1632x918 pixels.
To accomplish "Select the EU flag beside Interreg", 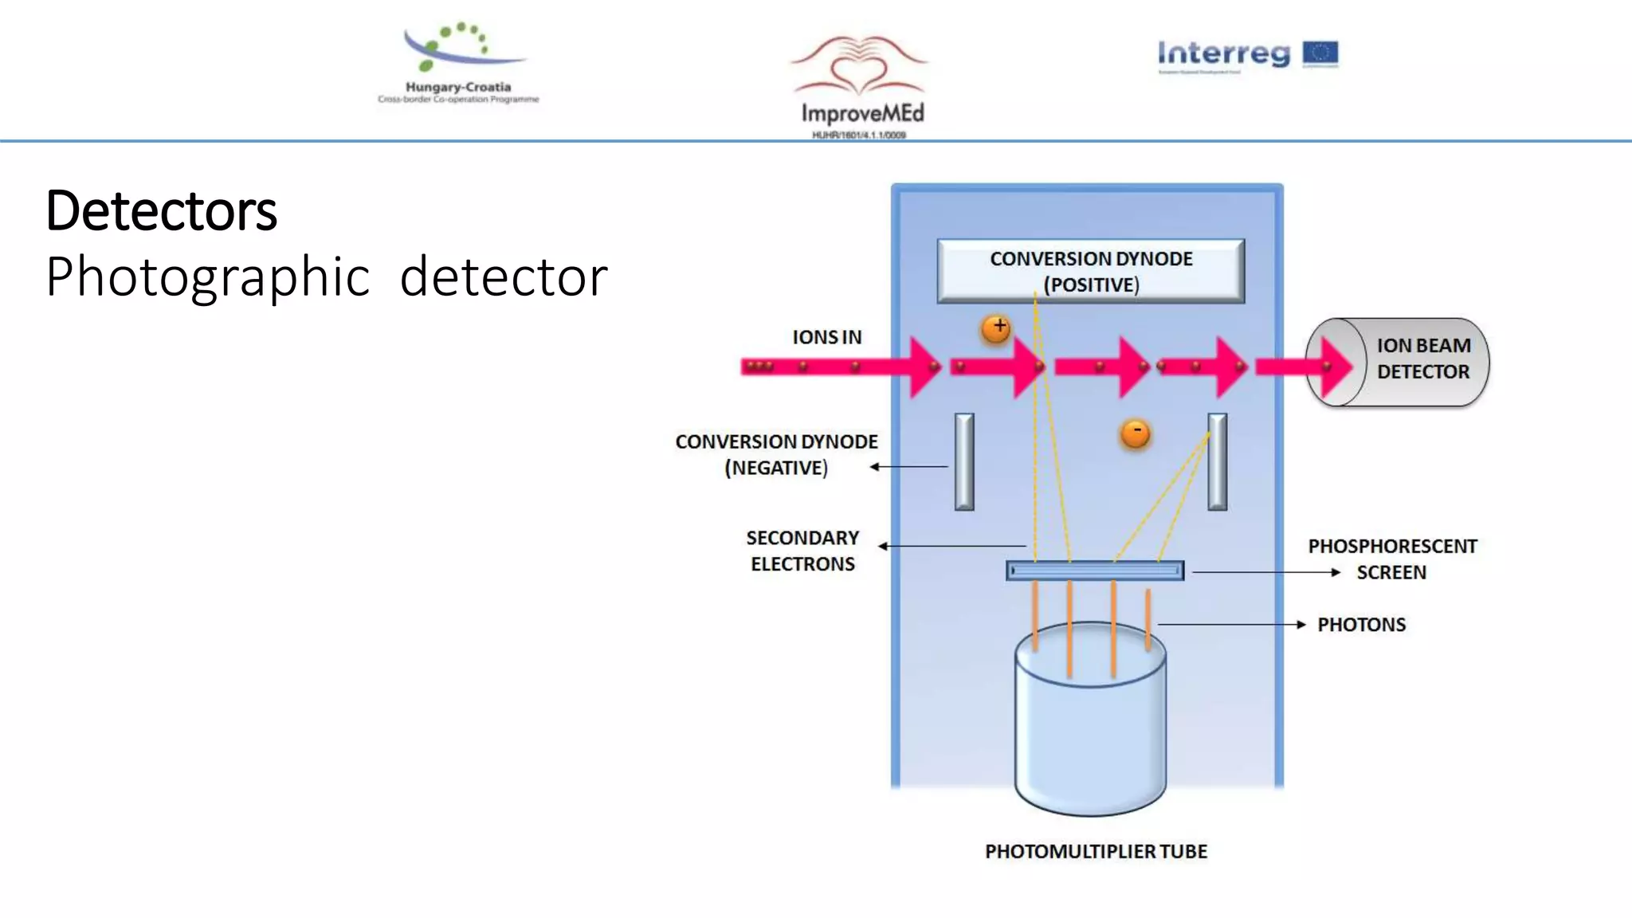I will [x=1320, y=53].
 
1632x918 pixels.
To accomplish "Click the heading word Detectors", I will [x=162, y=212].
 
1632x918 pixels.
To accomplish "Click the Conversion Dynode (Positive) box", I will [x=1090, y=271].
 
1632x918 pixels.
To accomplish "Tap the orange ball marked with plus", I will [x=996, y=328].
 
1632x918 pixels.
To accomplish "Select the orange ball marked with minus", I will [x=1136, y=433].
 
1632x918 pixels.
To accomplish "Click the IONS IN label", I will [x=826, y=338].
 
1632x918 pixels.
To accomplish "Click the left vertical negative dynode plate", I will [x=964, y=461].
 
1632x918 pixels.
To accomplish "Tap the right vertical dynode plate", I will [x=1218, y=461].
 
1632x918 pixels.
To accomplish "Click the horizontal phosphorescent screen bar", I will [x=1095, y=571].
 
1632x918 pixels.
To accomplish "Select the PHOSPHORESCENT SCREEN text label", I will [x=1392, y=559].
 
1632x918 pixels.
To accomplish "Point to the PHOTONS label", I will [x=1361, y=625].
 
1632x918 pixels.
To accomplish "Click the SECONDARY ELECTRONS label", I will [x=802, y=551].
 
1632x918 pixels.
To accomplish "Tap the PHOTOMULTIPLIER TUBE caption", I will [x=1096, y=852].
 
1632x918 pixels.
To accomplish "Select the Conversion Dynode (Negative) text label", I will [x=776, y=454].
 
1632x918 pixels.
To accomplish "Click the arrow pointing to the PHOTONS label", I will [x=1231, y=625].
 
